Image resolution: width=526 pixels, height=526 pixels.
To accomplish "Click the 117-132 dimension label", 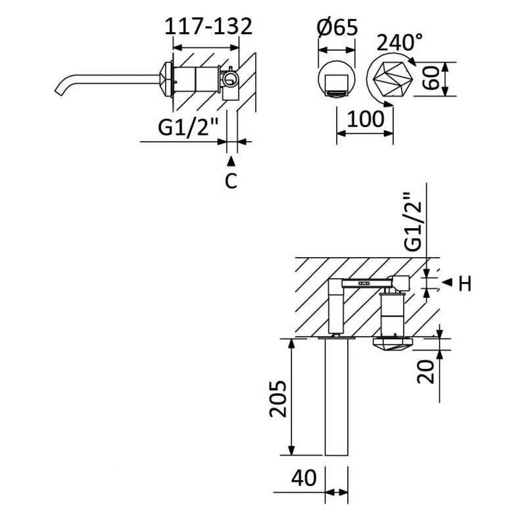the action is pos(208,26).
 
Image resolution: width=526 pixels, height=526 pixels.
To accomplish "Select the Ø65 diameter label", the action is pos(337,27).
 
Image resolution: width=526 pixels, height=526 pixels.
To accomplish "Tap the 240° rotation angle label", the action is pos(399,43).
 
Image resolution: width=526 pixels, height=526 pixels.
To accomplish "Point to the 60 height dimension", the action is pos(431,78).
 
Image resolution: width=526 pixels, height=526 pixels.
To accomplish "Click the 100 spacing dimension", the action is pos(366,119).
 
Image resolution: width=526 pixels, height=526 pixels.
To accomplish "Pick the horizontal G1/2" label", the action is pos(188,127).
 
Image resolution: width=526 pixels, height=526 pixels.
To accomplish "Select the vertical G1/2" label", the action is pos(412,222).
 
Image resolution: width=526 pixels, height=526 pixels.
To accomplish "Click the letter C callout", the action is pos(231,181).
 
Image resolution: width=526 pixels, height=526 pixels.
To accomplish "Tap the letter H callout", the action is pos(465,283).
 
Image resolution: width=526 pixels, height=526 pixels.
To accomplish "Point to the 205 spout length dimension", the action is pos(278,398).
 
